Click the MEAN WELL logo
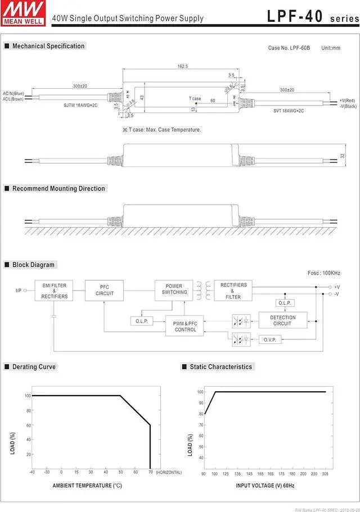pyautogui.click(x=22, y=11)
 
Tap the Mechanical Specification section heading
pyautogui.click(x=48, y=46)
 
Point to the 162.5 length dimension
pyautogui.click(x=182, y=66)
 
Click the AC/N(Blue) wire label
pyautogui.click(x=13, y=93)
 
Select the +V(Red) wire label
pyautogui.click(x=348, y=100)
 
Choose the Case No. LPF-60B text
pyautogui.click(x=289, y=48)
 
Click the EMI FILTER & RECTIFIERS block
pyautogui.click(x=54, y=291)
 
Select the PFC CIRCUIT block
pyautogui.click(x=105, y=291)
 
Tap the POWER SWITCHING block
pyautogui.click(x=174, y=289)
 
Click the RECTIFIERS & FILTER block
pyautogui.click(x=233, y=291)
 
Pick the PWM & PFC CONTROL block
pyautogui.click(x=185, y=327)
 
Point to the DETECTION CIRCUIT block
pyautogui.click(x=282, y=320)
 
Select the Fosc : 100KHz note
pyautogui.click(x=323, y=273)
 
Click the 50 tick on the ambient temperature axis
pyautogui.click(x=120, y=472)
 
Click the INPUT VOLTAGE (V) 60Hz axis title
pyautogui.click(x=264, y=485)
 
